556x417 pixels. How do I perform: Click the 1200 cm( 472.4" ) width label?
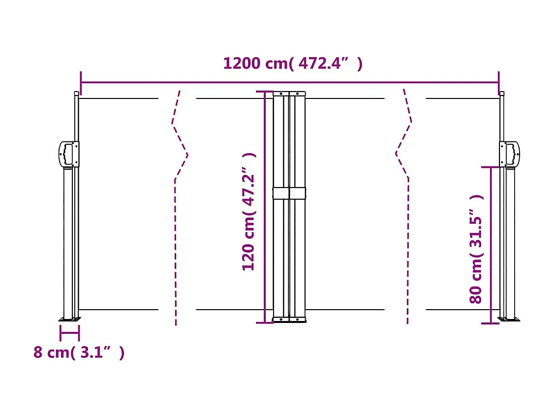293,64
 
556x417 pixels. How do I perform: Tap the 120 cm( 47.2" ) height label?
249,212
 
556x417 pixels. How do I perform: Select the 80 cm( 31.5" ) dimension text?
476,249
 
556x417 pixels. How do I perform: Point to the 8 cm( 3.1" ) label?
79,353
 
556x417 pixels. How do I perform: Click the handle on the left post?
69,154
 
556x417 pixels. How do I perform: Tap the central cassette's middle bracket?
289,193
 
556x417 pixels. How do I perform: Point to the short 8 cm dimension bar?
69,333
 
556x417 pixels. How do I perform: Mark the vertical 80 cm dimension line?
491,246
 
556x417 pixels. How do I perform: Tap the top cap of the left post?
76,93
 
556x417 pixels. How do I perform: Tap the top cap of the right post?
501,93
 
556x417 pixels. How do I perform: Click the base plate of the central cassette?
289,321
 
